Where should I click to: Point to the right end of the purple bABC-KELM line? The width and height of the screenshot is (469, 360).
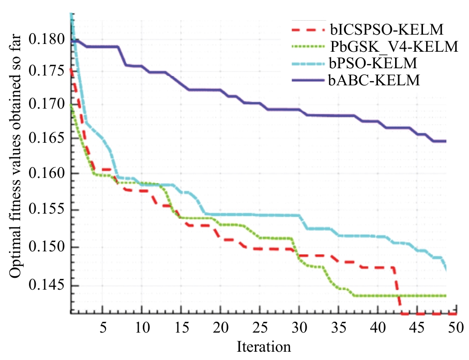[x=445, y=141]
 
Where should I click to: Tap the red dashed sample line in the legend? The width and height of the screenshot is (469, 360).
[x=306, y=29]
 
